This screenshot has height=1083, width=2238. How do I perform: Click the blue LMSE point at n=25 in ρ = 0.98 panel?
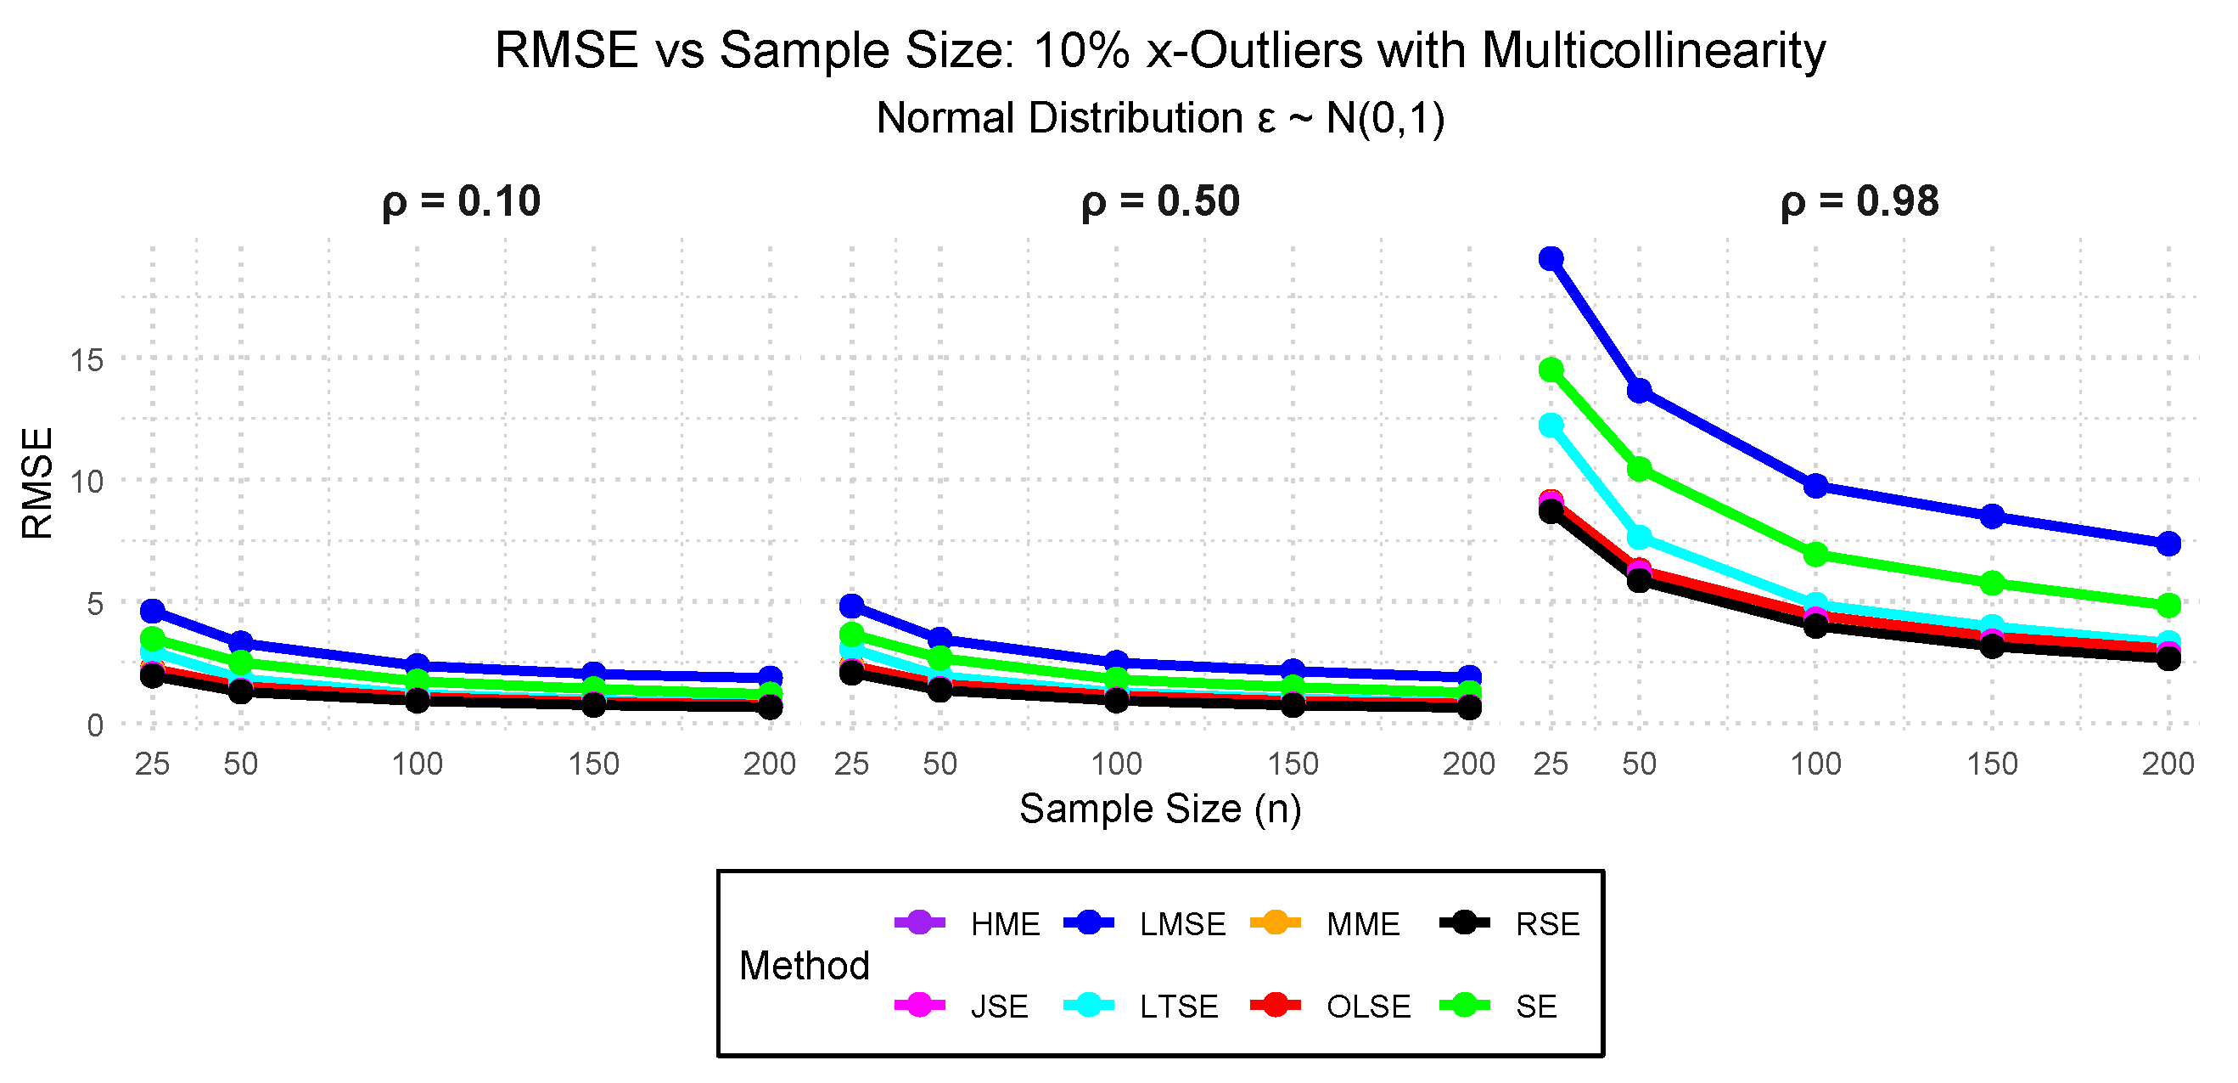1551,259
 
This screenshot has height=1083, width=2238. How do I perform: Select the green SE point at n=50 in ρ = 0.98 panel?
1640,470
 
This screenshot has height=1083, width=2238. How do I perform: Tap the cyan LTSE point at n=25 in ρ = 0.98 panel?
1551,425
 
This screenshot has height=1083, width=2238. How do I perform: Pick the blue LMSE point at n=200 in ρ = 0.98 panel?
2168,544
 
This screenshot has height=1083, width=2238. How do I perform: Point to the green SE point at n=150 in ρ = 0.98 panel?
1992,584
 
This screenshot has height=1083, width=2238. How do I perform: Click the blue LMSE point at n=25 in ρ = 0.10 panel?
152,611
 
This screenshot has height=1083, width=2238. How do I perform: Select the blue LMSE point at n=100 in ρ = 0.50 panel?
1116,663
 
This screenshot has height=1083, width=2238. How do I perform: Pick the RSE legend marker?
1465,923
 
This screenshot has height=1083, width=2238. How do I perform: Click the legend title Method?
804,966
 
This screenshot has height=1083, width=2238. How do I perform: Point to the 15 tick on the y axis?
87,360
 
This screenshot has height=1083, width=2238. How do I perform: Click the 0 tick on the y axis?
95,725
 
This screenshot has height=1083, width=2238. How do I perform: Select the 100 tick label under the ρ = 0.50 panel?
1116,764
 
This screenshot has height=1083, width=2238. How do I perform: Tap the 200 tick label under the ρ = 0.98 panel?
2168,764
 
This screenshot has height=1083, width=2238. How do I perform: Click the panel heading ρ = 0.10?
462,201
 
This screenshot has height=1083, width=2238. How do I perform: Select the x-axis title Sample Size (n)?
1160,809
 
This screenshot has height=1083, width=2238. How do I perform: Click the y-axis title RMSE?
38,483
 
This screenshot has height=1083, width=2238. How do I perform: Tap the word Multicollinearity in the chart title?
1652,50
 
